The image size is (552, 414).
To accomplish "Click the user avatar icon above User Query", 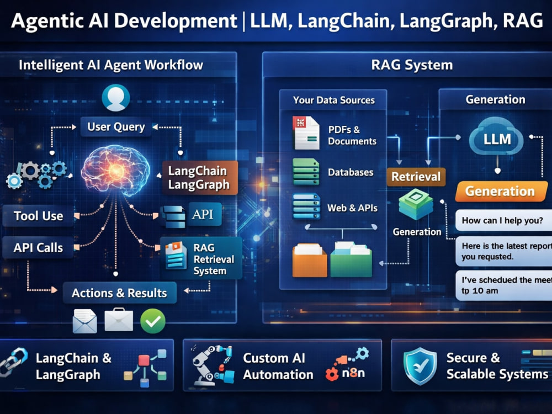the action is pyautogui.click(x=116, y=98).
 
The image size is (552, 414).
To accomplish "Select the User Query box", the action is pyautogui.click(x=116, y=127).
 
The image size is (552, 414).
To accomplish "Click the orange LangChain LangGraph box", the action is pyautogui.click(x=200, y=178).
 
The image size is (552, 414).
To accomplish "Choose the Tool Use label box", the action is pyautogui.click(x=39, y=216).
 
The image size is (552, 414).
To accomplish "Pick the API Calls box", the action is pyautogui.click(x=38, y=247).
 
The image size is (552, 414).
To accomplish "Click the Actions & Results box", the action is pyautogui.click(x=119, y=293).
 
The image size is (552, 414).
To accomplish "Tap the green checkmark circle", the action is pyautogui.click(x=153, y=321).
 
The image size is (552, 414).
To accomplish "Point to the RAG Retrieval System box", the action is pyautogui.click(x=201, y=259).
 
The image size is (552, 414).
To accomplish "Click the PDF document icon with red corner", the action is pyautogui.click(x=306, y=133).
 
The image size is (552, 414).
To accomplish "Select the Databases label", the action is pyautogui.click(x=351, y=172).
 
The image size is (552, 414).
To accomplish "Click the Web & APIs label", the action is pyautogui.click(x=352, y=208).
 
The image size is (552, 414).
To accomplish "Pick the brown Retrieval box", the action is pyautogui.click(x=416, y=177).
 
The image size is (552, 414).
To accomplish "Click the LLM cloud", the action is pyautogui.click(x=496, y=138).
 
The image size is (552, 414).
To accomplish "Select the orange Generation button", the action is pyautogui.click(x=501, y=191).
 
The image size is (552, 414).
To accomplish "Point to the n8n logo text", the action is pyautogui.click(x=353, y=373).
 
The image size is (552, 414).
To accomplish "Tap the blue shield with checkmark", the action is pyautogui.click(x=420, y=365).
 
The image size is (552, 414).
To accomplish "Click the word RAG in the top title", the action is pyautogui.click(x=523, y=20).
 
